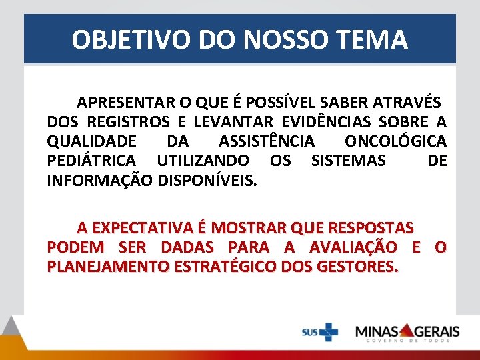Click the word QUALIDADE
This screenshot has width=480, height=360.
92,141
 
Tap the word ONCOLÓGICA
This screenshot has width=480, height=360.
395,141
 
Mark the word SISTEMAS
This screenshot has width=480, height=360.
348,161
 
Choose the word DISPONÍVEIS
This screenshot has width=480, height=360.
207,180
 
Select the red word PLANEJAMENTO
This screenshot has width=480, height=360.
109,267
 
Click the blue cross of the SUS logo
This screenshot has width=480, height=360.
328,331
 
